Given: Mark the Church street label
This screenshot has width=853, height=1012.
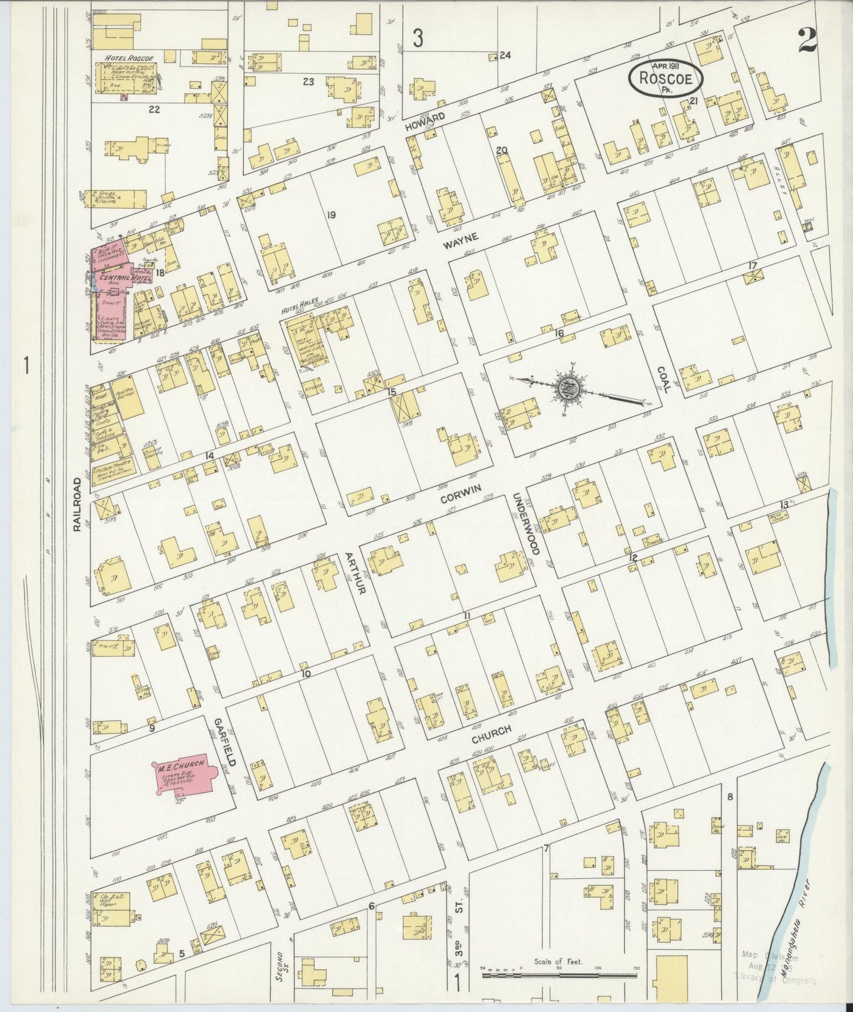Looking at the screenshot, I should [x=491, y=730].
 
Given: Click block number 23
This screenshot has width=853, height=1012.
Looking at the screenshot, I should [x=308, y=81].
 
